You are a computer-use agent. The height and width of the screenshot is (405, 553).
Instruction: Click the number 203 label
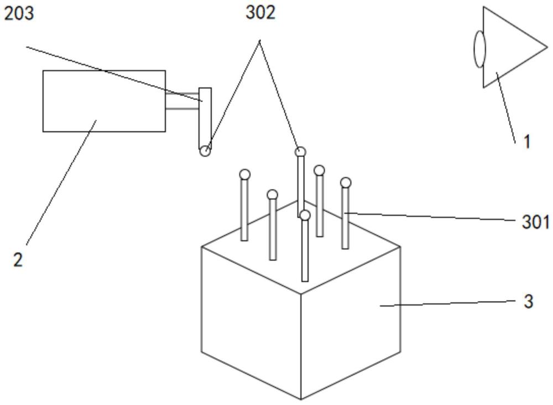(19, 14)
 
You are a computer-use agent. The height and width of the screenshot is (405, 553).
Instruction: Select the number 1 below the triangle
(526, 141)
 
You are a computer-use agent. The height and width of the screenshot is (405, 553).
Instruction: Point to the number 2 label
(18, 260)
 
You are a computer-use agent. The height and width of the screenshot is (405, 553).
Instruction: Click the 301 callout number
(535, 222)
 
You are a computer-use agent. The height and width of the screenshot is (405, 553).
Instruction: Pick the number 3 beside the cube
(529, 302)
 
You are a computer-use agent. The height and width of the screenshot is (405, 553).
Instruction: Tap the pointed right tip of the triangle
(546, 46)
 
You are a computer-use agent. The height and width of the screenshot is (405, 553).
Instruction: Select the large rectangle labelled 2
(104, 101)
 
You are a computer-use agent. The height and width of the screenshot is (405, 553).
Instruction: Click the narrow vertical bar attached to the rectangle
(205, 116)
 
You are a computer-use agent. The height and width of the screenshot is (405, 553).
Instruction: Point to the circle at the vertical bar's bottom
(205, 150)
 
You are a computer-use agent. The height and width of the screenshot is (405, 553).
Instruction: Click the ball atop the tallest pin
(300, 151)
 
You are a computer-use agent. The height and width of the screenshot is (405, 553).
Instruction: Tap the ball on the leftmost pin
(244, 175)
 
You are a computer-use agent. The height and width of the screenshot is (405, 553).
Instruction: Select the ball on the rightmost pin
(346, 182)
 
